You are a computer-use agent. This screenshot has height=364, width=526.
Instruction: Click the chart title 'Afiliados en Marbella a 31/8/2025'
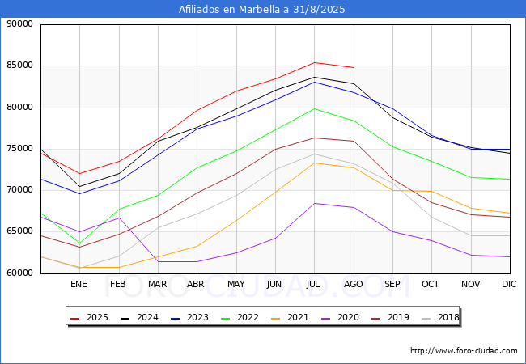[263, 10]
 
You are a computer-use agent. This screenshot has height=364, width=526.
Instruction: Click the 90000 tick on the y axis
[19, 24]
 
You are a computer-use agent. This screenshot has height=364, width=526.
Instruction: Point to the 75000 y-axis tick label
[19, 149]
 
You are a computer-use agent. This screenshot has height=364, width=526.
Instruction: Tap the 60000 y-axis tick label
[19, 273]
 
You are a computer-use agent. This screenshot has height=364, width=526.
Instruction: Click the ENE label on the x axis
[78, 284]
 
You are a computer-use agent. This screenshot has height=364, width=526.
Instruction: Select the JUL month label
[314, 284]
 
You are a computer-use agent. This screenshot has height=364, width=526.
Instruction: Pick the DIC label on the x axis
[509, 284]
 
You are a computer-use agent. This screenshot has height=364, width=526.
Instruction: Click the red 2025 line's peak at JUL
[314, 62]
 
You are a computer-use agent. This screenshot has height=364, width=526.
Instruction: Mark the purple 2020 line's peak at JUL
[314, 203]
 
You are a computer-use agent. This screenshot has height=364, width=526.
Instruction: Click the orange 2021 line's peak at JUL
[314, 163]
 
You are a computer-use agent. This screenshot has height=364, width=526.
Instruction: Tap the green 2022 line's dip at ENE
[78, 243]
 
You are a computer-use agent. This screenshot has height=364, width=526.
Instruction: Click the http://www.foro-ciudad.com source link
[464, 351]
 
